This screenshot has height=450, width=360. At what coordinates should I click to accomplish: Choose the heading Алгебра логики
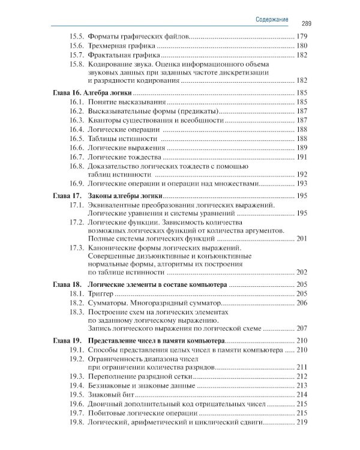[110, 93]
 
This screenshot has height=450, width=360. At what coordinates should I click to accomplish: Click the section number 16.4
[76, 130]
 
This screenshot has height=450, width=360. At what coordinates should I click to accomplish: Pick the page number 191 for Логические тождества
[302, 157]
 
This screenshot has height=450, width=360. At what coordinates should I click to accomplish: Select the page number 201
[302, 239]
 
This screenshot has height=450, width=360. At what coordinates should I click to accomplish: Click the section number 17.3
[76, 247]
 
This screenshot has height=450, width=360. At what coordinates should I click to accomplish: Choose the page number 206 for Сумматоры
[302, 302]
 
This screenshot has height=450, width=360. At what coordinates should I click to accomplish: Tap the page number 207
[302, 328]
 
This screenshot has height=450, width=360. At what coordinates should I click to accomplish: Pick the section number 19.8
[76, 422]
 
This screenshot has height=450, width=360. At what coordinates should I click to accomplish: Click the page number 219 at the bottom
[302, 422]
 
